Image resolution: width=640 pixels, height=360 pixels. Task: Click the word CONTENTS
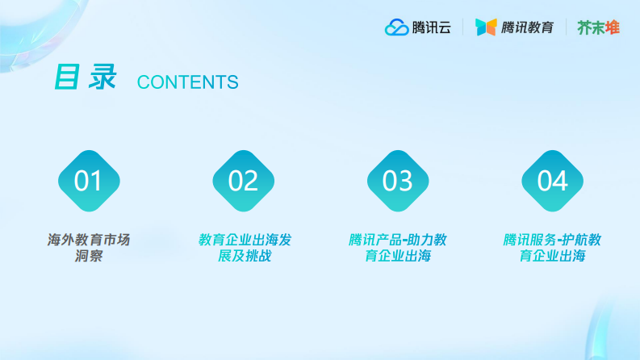(188, 82)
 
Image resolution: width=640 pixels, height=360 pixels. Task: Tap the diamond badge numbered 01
(89, 181)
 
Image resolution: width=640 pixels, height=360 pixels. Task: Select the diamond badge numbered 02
(243, 181)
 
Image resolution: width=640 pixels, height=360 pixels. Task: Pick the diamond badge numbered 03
(397, 181)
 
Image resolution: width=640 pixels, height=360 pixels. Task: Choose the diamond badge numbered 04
(552, 181)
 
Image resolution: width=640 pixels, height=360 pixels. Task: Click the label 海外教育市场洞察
(89, 248)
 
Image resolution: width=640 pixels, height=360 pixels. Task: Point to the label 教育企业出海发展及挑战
(244, 248)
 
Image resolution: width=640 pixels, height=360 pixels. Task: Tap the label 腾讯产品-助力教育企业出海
(397, 248)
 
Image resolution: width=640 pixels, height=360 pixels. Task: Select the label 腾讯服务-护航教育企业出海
(552, 248)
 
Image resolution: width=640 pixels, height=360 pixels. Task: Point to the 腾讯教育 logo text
(527, 27)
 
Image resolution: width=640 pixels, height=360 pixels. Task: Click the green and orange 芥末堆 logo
(598, 27)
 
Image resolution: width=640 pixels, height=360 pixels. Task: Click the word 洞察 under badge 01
(89, 257)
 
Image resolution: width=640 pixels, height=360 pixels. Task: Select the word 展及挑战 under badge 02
(244, 257)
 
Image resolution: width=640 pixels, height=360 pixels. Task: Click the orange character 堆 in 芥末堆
(613, 27)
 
